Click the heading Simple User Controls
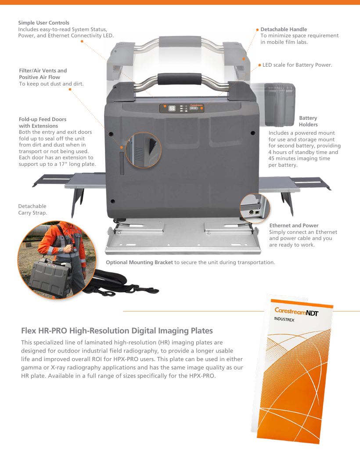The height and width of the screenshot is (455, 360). [x=43, y=23]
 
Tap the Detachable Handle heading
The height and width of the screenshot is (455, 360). [x=284, y=29]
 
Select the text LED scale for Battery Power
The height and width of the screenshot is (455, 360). [x=297, y=65]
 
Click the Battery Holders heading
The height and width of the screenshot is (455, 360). [x=308, y=121]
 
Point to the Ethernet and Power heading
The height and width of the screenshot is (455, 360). [x=294, y=226]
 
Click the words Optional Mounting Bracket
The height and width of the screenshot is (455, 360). [x=139, y=262]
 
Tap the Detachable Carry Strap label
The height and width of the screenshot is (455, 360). [x=32, y=209]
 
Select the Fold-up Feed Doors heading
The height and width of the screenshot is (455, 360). [x=43, y=122]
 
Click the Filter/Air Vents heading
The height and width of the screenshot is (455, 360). [x=43, y=74]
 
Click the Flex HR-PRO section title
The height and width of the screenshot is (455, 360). [x=117, y=331]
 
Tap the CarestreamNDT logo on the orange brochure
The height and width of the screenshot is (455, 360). [x=296, y=312]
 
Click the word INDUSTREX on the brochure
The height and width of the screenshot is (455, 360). [x=284, y=319]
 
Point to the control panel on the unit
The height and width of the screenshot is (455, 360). [x=182, y=108]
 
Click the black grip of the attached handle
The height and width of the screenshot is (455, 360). [x=180, y=79]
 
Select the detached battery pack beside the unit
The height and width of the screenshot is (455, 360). [x=280, y=105]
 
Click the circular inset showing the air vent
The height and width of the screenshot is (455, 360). [x=143, y=150]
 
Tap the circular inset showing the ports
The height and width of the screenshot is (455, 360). [x=255, y=208]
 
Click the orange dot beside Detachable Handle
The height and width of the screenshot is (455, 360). [x=257, y=29]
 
